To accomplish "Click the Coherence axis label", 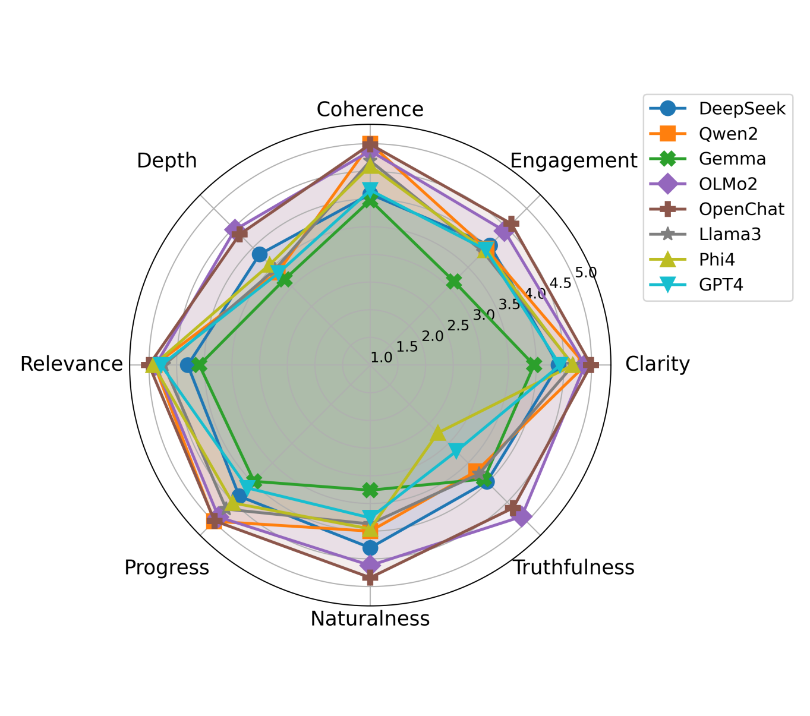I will pyautogui.click(x=370, y=109).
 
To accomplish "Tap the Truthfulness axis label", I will pyautogui.click(x=573, y=567).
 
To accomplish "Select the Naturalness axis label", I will pyautogui.click(x=370, y=619).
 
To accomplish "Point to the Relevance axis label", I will pyautogui.click(x=71, y=364).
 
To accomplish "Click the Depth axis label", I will pyautogui.click(x=166, y=160).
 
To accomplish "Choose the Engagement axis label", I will pyautogui.click(x=573, y=160).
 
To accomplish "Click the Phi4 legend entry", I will pyautogui.click(x=719, y=259).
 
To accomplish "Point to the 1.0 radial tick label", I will pyautogui.click(x=382, y=357).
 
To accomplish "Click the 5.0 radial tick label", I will pyautogui.click(x=585, y=273).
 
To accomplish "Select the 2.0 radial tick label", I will pyautogui.click(x=433, y=336).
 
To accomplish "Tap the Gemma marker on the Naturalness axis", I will pyautogui.click(x=370, y=490).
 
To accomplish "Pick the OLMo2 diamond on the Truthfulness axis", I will pyautogui.click(x=521, y=516).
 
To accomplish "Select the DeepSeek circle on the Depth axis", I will pyautogui.click(x=259, y=255).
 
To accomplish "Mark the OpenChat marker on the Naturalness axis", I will pyautogui.click(x=370, y=576).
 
